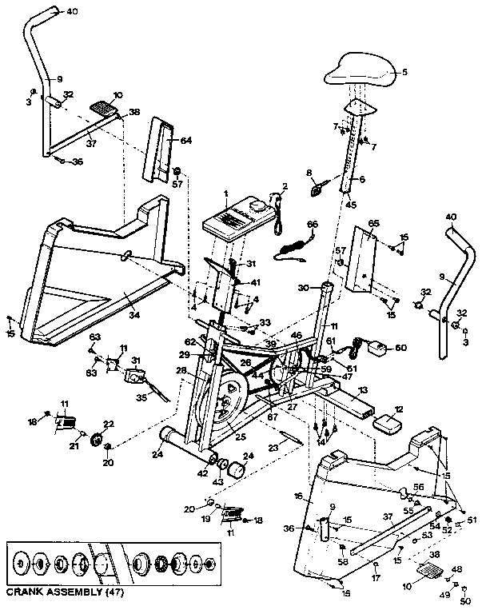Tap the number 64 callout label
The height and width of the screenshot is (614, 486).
pyautogui.click(x=186, y=141)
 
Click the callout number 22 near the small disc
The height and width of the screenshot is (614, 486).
pyautogui.click(x=110, y=424)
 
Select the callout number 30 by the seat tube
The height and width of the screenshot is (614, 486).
pyautogui.click(x=302, y=286)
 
